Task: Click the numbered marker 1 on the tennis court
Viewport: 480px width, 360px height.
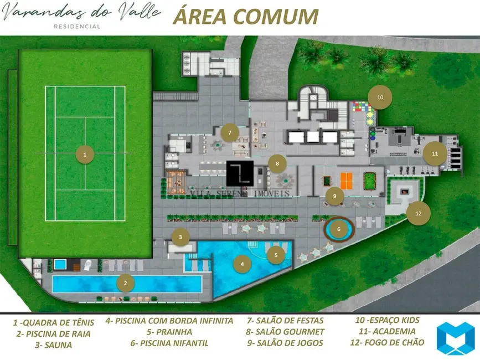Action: pyautogui.click(x=85, y=155)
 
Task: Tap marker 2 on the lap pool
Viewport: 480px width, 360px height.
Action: pyautogui.click(x=126, y=284)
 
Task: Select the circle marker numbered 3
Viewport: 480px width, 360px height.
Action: pyautogui.click(x=180, y=237)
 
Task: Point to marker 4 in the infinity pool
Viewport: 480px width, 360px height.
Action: pyautogui.click(x=242, y=264)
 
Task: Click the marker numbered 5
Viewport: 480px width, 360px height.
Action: pyautogui.click(x=276, y=255)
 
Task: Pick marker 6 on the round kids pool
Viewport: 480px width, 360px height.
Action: pyautogui.click(x=338, y=228)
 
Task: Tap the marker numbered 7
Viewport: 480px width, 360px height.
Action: pyautogui.click(x=229, y=133)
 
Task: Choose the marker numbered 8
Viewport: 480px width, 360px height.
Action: pyautogui.click(x=277, y=163)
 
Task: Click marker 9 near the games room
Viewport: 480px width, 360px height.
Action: pyautogui.click(x=334, y=196)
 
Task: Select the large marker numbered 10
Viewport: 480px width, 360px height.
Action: pyautogui.click(x=380, y=97)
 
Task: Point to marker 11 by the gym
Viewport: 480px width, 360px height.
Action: pyautogui.click(x=435, y=153)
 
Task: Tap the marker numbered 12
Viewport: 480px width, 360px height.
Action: pyautogui.click(x=418, y=213)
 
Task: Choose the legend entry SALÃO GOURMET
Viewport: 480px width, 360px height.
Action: pyautogui.click(x=286, y=331)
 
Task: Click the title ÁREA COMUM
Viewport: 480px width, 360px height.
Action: pyautogui.click(x=246, y=17)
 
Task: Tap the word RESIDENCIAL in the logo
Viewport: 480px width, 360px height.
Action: pyautogui.click(x=76, y=26)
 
